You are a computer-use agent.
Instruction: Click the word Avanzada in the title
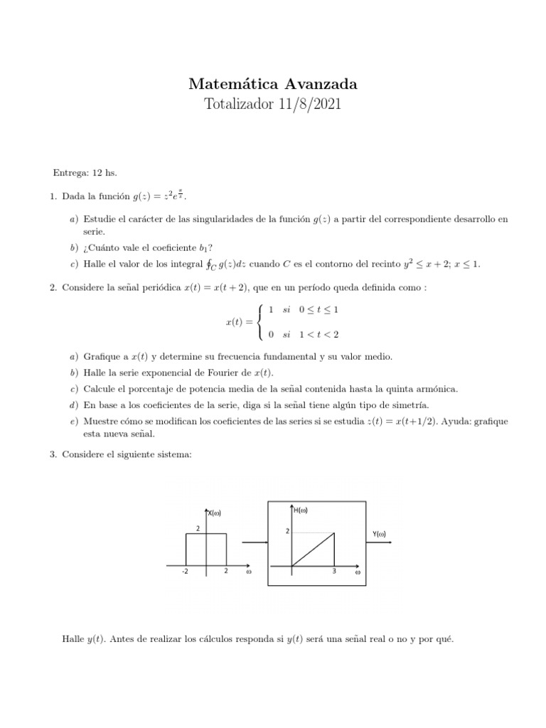click(x=316, y=84)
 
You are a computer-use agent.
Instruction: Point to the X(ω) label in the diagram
click(x=218, y=513)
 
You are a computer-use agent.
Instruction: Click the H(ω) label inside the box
click(x=300, y=509)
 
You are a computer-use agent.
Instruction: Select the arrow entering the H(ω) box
click(x=254, y=543)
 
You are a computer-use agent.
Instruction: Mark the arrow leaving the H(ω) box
click(x=383, y=544)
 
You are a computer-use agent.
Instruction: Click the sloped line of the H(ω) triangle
click(x=313, y=550)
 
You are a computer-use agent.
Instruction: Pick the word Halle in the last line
click(x=75, y=639)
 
